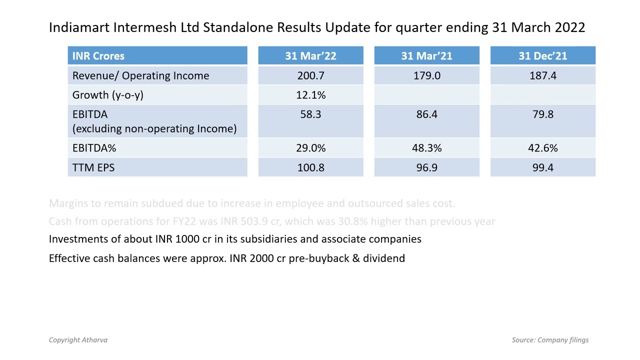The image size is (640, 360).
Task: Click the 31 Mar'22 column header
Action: (310, 56)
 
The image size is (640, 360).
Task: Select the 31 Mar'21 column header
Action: (426, 56)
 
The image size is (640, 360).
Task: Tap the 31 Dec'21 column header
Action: (542, 56)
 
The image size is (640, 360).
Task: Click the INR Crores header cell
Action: (98, 56)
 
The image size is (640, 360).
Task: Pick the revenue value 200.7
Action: (310, 75)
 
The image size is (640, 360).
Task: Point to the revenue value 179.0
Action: (426, 75)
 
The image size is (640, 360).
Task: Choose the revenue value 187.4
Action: (542, 75)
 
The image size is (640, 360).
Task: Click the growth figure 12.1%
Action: (310, 95)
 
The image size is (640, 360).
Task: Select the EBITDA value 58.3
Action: (310, 114)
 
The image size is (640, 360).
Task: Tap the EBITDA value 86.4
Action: (426, 114)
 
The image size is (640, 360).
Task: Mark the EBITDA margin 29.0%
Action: (310, 148)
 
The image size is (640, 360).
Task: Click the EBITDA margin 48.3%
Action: (426, 148)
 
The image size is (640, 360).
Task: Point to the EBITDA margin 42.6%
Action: (542, 148)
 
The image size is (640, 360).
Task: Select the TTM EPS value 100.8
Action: (310, 167)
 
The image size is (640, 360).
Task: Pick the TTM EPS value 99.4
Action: (542, 167)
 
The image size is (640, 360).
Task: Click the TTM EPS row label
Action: (93, 167)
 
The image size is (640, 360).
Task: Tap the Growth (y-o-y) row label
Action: (107, 95)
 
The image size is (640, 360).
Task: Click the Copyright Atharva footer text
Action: (78, 340)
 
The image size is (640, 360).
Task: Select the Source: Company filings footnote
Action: (550, 340)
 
